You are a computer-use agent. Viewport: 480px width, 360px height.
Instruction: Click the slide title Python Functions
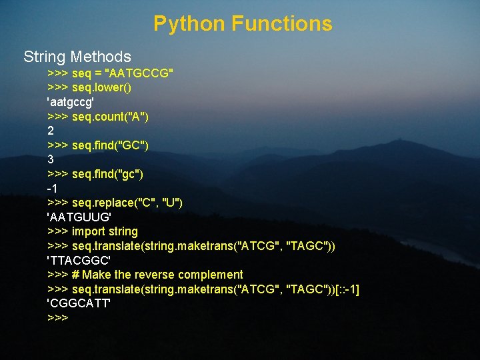(243, 24)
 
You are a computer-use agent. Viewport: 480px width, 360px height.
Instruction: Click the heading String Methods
(77, 57)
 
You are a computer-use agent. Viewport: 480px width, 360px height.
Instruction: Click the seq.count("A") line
(110, 117)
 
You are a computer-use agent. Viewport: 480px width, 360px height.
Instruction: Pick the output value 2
(51, 131)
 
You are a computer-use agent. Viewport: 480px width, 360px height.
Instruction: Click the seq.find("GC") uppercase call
(111, 145)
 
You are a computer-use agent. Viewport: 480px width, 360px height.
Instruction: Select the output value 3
(51, 160)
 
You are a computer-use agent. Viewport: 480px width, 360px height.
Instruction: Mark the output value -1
(52, 189)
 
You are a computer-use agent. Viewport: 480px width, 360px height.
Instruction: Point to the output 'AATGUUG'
(79, 217)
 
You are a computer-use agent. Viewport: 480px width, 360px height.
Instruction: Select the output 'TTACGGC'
(79, 260)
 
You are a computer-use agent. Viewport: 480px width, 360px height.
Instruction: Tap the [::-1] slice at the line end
(347, 289)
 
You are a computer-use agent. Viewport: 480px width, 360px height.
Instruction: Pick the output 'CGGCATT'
(79, 304)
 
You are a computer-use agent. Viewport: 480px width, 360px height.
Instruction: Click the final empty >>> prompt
(58, 318)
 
